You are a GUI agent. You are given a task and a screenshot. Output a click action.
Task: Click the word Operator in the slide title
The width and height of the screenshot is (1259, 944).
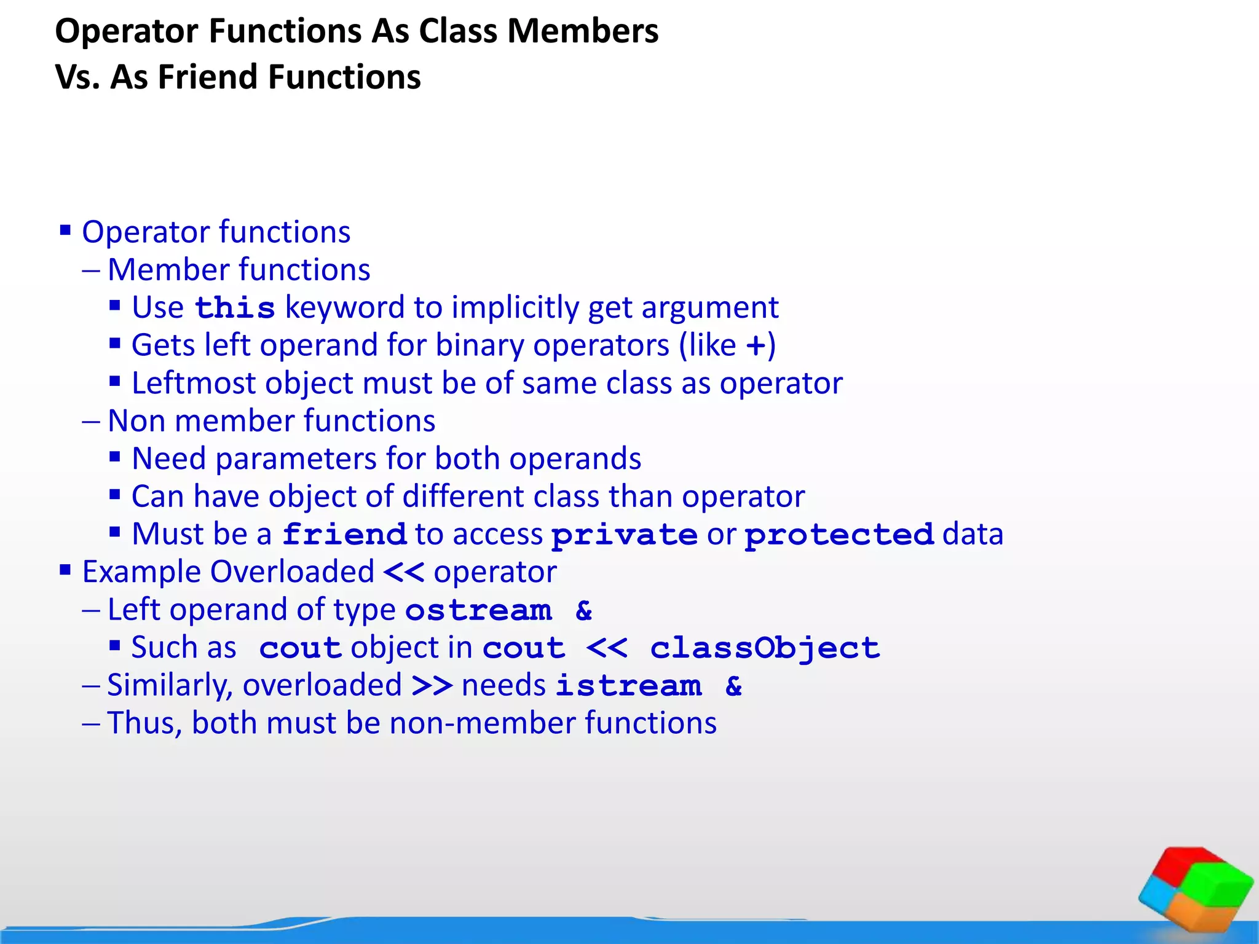pyautogui.click(x=127, y=32)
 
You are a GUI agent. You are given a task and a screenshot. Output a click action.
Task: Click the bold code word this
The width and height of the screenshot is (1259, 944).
pyautogui.click(x=234, y=308)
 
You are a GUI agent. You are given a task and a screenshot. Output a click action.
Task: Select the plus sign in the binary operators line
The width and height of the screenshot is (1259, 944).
pyautogui.click(x=756, y=346)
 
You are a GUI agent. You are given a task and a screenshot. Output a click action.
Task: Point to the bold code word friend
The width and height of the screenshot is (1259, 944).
pyautogui.click(x=344, y=535)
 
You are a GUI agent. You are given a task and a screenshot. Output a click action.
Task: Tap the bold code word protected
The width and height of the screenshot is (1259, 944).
pyautogui.click(x=839, y=535)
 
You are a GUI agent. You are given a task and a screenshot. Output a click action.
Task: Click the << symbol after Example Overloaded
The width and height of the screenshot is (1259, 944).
pyautogui.click(x=404, y=572)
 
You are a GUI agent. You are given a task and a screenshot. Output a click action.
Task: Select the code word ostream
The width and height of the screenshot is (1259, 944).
pyautogui.click(x=478, y=611)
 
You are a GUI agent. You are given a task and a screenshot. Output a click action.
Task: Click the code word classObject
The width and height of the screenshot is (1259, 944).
pyautogui.click(x=765, y=648)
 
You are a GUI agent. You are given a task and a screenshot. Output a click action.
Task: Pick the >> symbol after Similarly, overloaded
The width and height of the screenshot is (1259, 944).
pyautogui.click(x=432, y=686)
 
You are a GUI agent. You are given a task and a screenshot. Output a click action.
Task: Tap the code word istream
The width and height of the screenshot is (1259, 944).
pyautogui.click(x=628, y=686)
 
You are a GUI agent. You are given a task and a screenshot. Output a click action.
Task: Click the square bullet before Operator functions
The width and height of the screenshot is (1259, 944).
pyautogui.click(x=65, y=231)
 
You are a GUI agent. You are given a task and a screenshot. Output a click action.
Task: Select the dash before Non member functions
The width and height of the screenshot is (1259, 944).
pyautogui.click(x=91, y=422)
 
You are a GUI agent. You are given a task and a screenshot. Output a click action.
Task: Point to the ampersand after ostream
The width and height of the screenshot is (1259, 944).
pyautogui.click(x=584, y=611)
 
